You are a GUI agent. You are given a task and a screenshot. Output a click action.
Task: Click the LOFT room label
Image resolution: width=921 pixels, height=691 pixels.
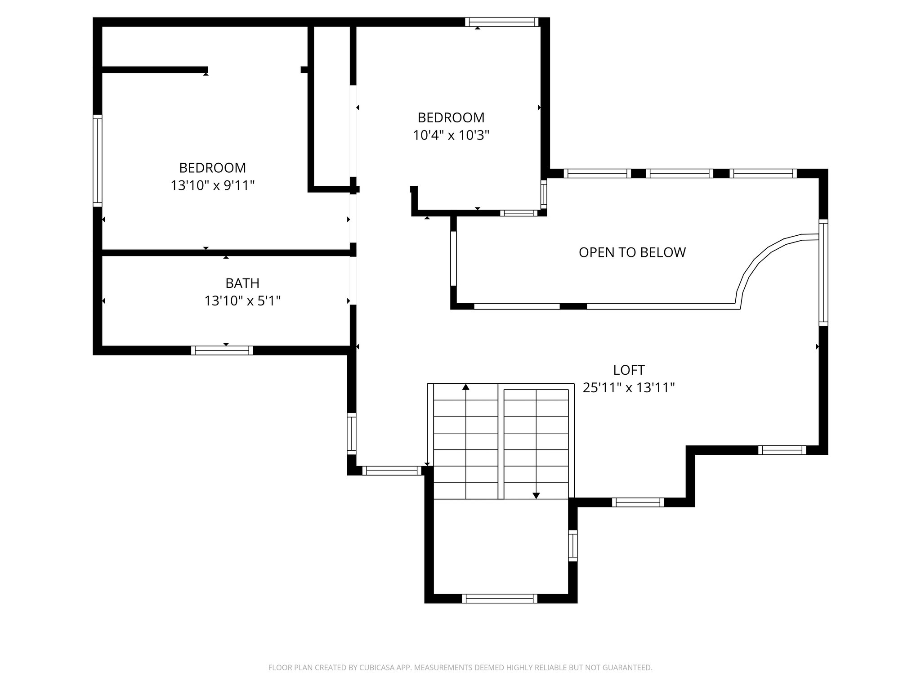coord(629,370)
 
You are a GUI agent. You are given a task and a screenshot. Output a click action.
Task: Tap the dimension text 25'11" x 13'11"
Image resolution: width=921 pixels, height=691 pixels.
coord(629,388)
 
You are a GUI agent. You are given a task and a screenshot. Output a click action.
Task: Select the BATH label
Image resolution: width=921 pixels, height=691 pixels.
coord(242,283)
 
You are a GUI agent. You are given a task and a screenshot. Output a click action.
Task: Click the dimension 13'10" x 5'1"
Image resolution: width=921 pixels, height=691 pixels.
coord(242,301)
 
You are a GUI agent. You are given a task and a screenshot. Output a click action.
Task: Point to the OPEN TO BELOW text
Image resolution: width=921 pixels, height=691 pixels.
coord(632,252)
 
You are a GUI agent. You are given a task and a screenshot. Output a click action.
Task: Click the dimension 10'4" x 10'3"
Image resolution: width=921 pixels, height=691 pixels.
coord(451,135)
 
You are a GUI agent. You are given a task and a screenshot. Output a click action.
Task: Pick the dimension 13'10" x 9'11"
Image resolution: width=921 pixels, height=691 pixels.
coord(212,185)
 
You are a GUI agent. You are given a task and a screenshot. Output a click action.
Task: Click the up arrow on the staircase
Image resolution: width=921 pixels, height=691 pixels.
coord(466,387)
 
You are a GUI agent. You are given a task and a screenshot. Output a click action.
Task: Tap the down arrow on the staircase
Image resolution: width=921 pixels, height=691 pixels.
coord(536,495)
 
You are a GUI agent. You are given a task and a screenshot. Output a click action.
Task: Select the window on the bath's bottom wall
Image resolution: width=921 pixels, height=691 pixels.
coord(222,350)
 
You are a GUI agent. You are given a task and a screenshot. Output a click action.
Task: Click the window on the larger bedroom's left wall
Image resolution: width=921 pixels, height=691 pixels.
coord(97,161)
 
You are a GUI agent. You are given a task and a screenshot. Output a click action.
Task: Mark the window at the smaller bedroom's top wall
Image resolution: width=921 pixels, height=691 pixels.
coord(501,22)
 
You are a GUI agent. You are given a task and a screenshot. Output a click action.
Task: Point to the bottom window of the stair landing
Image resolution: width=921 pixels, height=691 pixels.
coord(500,598)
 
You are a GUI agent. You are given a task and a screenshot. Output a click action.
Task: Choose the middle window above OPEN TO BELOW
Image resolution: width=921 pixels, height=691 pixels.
coord(680,173)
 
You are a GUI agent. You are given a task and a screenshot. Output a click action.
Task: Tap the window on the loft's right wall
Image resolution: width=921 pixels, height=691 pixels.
coord(823,272)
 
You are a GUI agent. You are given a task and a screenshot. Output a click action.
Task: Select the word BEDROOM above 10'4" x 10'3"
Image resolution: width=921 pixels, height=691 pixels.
coord(451,117)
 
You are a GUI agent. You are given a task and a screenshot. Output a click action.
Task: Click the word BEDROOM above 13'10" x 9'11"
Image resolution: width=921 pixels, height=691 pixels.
coord(212,168)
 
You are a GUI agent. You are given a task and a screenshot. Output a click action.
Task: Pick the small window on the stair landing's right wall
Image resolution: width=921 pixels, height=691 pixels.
coord(572,546)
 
